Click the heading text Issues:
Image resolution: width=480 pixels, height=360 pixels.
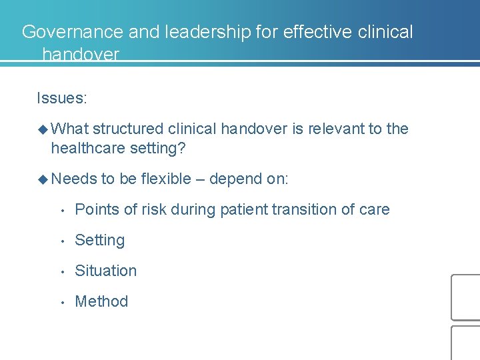point(62,99)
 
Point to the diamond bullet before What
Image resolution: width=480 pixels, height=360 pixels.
point(43,129)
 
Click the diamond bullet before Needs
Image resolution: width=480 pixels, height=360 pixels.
point(43,179)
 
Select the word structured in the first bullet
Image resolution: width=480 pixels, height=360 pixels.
point(128,129)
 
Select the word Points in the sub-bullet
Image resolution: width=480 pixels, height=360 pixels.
point(94,209)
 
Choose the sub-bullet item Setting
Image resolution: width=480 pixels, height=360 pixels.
point(100,240)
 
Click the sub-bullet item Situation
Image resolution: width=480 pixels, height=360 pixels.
point(106,271)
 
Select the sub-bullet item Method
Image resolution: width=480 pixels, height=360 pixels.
point(101,301)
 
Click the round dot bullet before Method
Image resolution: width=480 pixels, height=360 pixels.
point(61,302)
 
